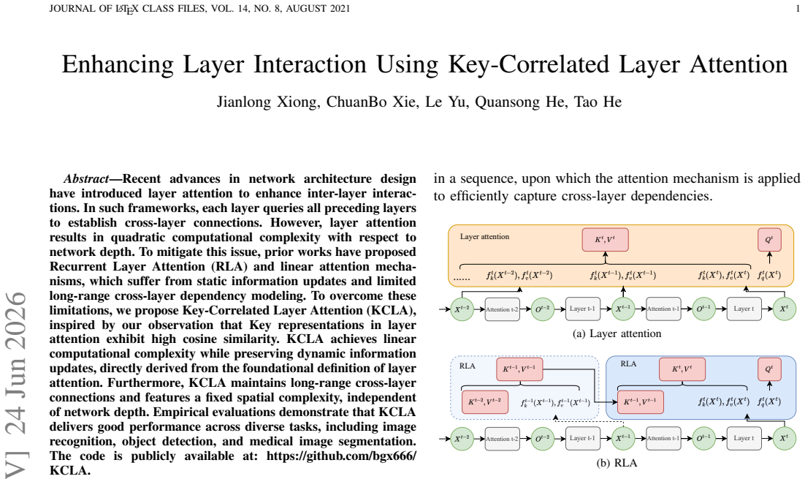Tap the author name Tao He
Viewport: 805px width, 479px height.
pos(598,102)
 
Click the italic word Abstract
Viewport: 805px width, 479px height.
pos(85,179)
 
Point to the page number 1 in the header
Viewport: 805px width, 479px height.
pos(797,8)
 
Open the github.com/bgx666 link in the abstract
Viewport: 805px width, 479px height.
pos(341,456)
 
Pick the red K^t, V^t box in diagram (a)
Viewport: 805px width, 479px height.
pos(606,240)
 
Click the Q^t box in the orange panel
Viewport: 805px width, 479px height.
pos(769,240)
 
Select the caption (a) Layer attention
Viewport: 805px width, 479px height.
pos(617,333)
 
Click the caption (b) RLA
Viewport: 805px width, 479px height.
pos(617,463)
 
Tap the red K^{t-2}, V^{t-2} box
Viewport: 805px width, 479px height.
pos(485,402)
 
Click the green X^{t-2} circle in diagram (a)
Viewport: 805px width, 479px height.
pos(462,309)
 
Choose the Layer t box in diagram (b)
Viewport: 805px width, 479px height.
pos(744,438)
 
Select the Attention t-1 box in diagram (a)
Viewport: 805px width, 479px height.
pos(663,309)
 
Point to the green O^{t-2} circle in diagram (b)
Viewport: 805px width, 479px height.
pos(543,438)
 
